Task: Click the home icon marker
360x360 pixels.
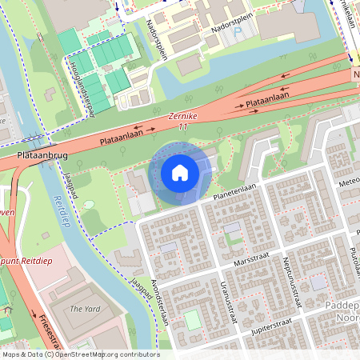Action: tap(180, 173)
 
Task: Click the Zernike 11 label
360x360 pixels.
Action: tap(178, 121)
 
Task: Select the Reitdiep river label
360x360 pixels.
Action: tap(60, 210)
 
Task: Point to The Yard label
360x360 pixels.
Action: tap(84, 308)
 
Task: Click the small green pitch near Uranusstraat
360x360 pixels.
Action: tap(193, 320)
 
